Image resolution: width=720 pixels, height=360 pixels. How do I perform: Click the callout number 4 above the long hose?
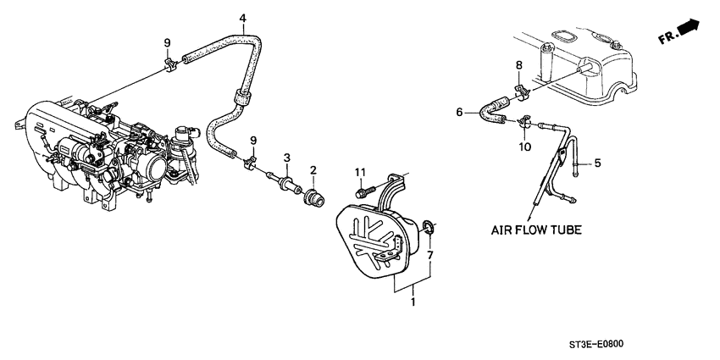click(242, 18)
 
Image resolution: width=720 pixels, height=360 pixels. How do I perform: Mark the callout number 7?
click(431, 255)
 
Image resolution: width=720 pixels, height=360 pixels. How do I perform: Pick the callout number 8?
click(518, 64)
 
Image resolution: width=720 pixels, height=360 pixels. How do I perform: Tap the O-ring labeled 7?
click(429, 225)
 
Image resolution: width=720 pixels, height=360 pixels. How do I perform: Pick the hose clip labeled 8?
click(519, 86)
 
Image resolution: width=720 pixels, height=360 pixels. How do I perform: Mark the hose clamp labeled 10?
click(523, 125)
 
